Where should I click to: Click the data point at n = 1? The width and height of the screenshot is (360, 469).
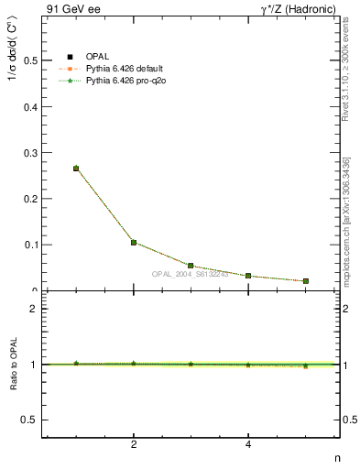pos(76,169)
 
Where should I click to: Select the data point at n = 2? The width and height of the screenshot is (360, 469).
pos(134,243)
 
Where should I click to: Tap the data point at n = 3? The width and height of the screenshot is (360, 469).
pos(191,266)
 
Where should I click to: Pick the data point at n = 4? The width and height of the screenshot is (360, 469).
pos(248,276)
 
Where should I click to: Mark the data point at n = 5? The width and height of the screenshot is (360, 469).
pos(305,281)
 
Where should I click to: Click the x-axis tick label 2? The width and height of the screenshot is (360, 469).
pos(134,445)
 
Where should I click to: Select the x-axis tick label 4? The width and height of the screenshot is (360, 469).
pos(248,445)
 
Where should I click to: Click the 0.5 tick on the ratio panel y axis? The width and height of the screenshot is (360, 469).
pos(29,420)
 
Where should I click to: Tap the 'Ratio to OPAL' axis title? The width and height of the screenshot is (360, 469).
pos(13,364)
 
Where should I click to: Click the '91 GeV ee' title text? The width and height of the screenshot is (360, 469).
pos(69,9)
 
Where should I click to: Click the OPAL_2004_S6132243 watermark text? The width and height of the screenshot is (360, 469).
pos(189,275)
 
